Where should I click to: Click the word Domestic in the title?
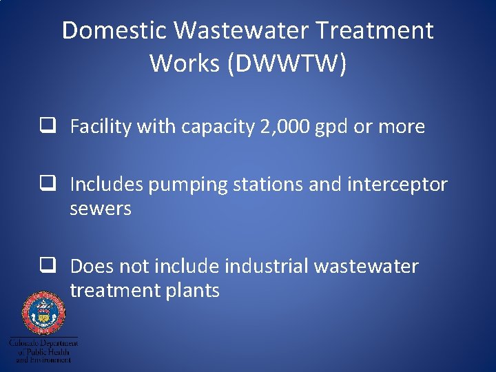pos(114,31)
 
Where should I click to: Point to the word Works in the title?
pos(178,63)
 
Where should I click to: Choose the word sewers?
pos(101,209)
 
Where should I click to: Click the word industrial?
pos(267,266)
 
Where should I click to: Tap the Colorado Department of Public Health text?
pos(43,350)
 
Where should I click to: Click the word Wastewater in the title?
pos(242,31)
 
